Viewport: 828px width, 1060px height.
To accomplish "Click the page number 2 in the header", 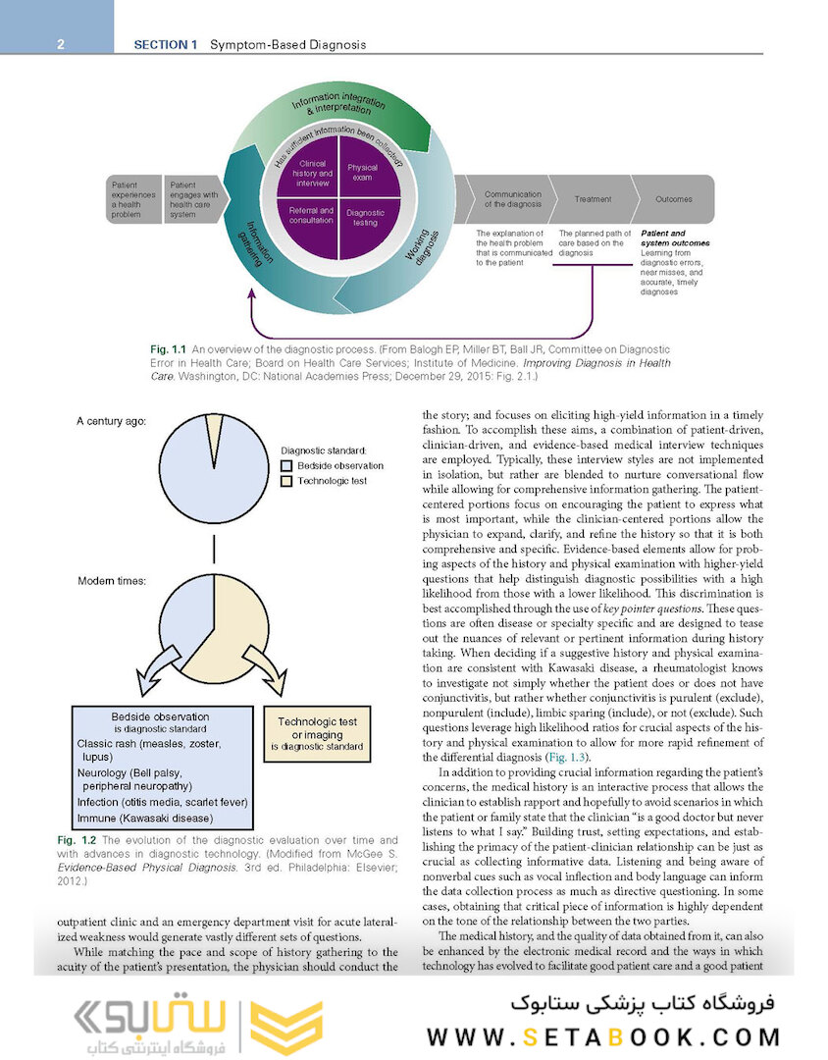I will click(61, 44).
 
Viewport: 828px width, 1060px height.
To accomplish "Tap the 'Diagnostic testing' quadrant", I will click(365, 217).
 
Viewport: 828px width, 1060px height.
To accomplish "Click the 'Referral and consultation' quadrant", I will click(312, 216).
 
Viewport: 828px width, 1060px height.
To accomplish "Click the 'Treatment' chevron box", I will click(593, 198).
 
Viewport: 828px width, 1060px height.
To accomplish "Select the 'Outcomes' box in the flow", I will click(674, 198).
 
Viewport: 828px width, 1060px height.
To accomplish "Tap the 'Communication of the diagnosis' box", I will click(512, 198).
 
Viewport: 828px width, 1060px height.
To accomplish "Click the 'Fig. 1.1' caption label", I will click(168, 349).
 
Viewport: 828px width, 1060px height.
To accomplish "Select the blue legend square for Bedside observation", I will click(286, 466).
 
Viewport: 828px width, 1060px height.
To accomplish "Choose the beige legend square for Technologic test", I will click(286, 481).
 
